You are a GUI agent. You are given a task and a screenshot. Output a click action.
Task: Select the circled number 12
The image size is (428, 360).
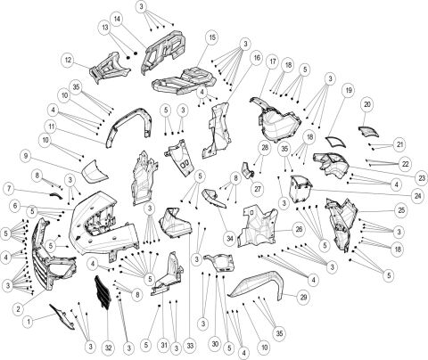pos(68,60)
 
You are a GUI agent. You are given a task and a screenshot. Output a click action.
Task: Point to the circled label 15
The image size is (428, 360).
pos(211,37)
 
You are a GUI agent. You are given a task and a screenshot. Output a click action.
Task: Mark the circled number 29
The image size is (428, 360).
pos(303,297)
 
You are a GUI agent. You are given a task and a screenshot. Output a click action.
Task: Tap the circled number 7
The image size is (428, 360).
pos(8,190)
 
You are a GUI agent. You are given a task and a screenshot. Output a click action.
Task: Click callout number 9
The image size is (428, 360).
pos(28,156)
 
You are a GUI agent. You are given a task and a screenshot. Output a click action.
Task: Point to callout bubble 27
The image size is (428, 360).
pos(256,189)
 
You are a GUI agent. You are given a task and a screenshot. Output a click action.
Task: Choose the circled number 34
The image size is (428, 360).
pos(231,239)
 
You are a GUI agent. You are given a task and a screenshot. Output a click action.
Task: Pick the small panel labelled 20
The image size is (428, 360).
pos(368,131)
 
